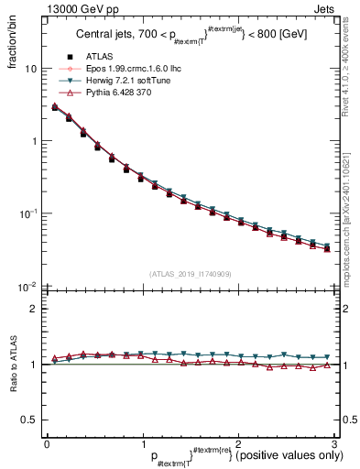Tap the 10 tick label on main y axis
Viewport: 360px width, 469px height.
pyautogui.click(x=30, y=69)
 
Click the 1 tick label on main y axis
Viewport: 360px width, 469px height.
pyautogui.click(x=33, y=141)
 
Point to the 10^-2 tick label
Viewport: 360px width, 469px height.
pyautogui.click(x=27, y=286)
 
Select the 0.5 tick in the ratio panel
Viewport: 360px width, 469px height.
pyautogui.click(x=28, y=420)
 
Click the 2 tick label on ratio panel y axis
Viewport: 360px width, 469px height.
pyautogui.click(x=33, y=309)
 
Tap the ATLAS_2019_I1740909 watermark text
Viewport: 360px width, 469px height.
pyautogui.click(x=189, y=274)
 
